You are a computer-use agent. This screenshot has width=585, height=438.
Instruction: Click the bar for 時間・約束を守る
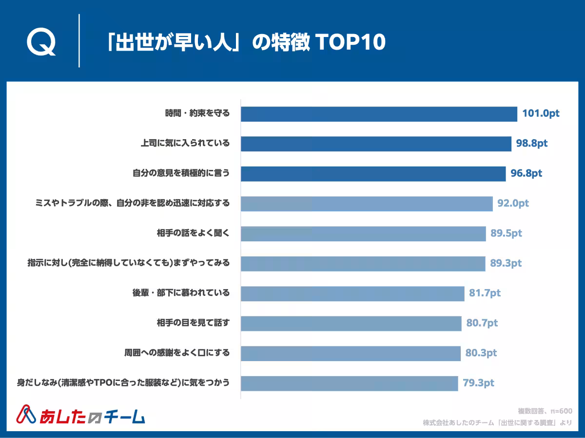[379, 114]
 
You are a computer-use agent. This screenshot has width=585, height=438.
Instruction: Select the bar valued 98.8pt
[376, 144]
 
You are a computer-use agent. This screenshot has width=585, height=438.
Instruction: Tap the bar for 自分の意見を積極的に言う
[373, 174]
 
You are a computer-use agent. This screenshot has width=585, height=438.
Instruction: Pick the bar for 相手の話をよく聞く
[363, 234]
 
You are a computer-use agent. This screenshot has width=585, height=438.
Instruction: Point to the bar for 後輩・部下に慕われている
[352, 293]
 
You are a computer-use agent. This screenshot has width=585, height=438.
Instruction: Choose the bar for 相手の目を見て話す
[351, 323]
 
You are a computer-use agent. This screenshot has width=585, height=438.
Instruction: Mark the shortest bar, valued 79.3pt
[349, 383]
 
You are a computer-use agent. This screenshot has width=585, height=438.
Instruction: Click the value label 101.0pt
[541, 114]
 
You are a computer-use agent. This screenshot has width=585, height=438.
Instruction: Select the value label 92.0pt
[513, 203]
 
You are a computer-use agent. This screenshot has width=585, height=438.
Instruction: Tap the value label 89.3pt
[506, 263]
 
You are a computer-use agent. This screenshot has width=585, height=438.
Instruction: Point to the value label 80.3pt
[481, 353]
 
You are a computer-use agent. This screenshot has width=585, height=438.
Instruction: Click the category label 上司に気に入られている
[185, 144]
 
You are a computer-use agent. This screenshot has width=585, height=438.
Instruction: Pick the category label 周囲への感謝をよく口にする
[176, 353]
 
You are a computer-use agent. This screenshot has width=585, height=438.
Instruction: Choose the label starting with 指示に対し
[128, 263]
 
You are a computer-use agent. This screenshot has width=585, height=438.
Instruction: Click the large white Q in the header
[41, 43]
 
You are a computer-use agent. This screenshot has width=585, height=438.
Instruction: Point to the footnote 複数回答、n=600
[545, 411]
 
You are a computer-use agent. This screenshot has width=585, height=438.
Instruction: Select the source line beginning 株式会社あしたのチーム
[497, 423]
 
